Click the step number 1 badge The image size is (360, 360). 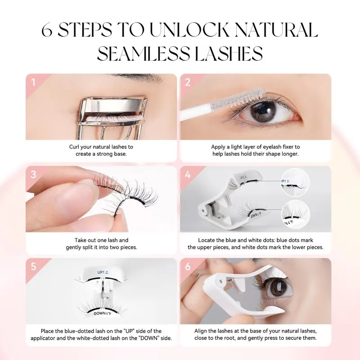33,82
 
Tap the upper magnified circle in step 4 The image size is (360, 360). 295,182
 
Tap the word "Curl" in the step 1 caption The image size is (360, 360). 75,147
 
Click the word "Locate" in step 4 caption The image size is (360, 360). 208,240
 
